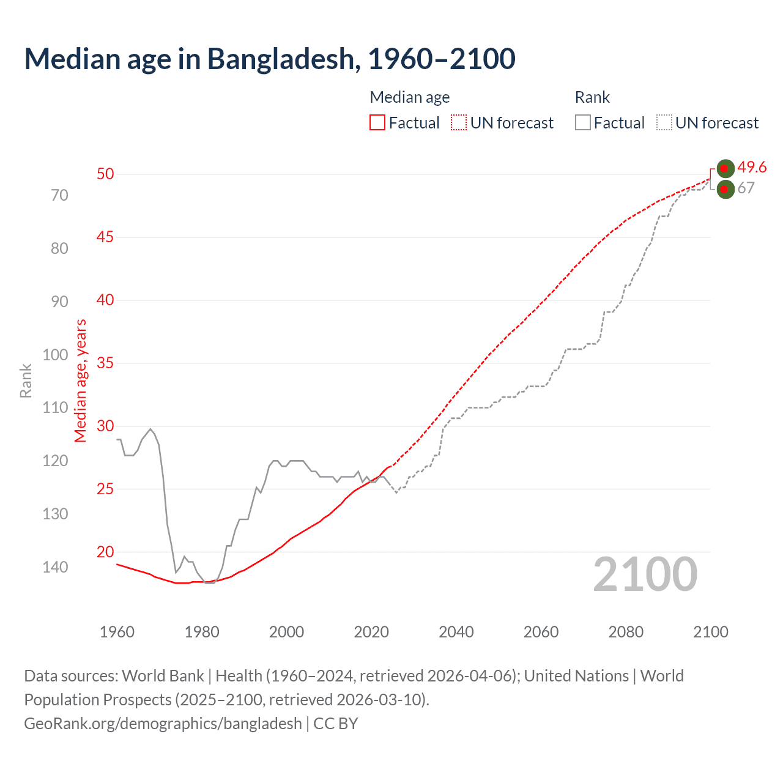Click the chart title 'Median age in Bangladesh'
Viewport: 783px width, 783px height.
coord(270,59)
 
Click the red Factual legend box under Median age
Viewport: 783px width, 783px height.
coord(377,123)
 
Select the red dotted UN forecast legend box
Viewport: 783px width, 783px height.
coord(459,123)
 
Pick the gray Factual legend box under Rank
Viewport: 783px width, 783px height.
coord(583,123)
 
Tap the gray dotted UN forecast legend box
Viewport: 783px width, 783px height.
coord(664,123)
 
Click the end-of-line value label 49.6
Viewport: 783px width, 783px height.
coord(752,167)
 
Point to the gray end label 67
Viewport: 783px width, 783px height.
coord(746,188)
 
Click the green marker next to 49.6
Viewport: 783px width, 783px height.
coord(725,168)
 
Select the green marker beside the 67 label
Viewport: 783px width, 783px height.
coord(725,190)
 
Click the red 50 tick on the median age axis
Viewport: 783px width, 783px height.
coord(105,174)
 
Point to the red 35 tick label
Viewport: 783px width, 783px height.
coord(105,363)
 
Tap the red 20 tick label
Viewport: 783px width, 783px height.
coord(105,552)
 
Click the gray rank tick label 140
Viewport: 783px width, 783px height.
coord(55,567)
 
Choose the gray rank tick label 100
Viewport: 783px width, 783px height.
coord(55,355)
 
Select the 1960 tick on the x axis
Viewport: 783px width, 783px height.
coord(117,632)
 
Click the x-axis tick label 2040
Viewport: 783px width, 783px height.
coord(456,632)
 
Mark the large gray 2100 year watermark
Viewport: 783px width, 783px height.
coord(645,574)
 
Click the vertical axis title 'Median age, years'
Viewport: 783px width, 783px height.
coord(81,380)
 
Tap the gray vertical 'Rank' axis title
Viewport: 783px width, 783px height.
coord(26,380)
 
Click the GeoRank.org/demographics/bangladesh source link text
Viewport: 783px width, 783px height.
coord(163,724)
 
